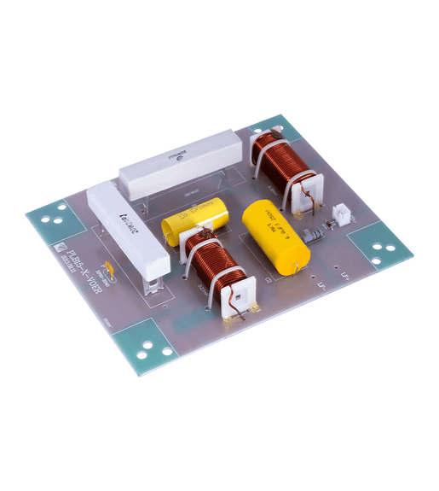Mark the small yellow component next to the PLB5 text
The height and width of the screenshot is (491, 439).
[107, 272]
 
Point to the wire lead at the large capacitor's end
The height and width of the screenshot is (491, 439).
[297, 270]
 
